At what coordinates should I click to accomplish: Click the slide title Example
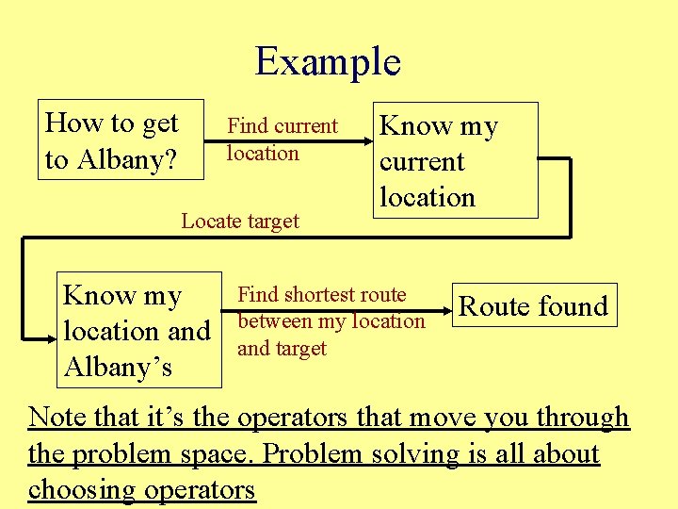point(328,62)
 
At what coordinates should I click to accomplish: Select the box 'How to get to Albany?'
point(121,140)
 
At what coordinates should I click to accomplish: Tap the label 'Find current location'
point(282,140)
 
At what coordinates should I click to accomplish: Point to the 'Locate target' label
point(240,222)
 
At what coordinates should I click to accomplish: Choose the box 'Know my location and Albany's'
point(137,331)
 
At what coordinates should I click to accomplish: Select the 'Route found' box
point(534,305)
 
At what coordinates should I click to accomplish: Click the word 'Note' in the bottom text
point(57,417)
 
